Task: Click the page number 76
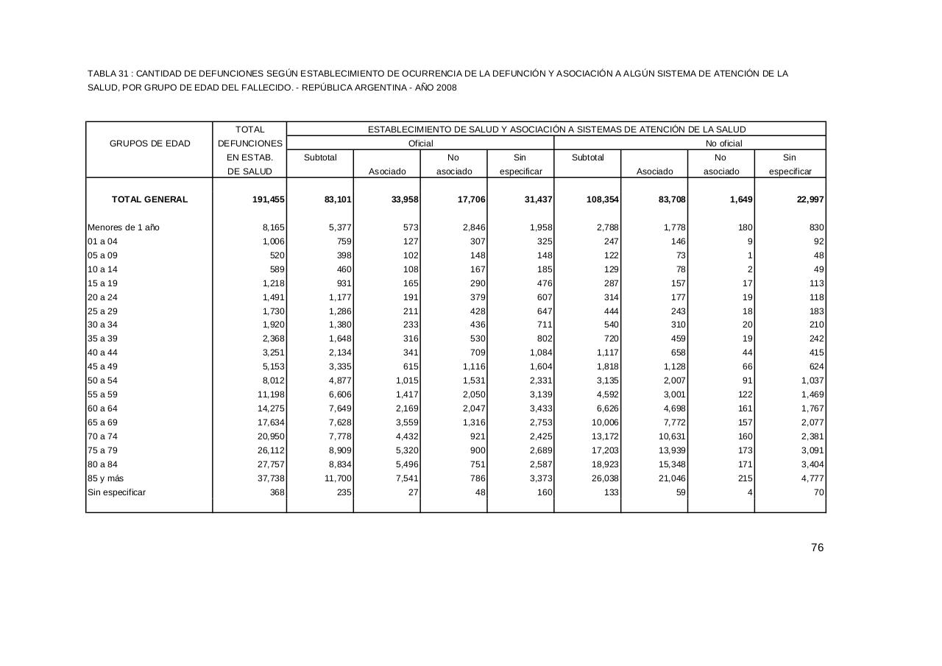[817, 548]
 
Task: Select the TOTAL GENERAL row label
[149, 199]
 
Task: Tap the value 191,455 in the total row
[269, 199]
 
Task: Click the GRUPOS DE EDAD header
[149, 144]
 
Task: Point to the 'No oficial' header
[724, 144]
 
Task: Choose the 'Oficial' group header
[420, 144]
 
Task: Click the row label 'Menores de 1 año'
[124, 227]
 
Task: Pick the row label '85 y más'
[106, 478]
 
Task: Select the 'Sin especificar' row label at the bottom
[117, 492]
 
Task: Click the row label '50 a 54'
[103, 380]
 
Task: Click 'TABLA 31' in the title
[108, 74]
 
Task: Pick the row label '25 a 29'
[103, 311]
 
